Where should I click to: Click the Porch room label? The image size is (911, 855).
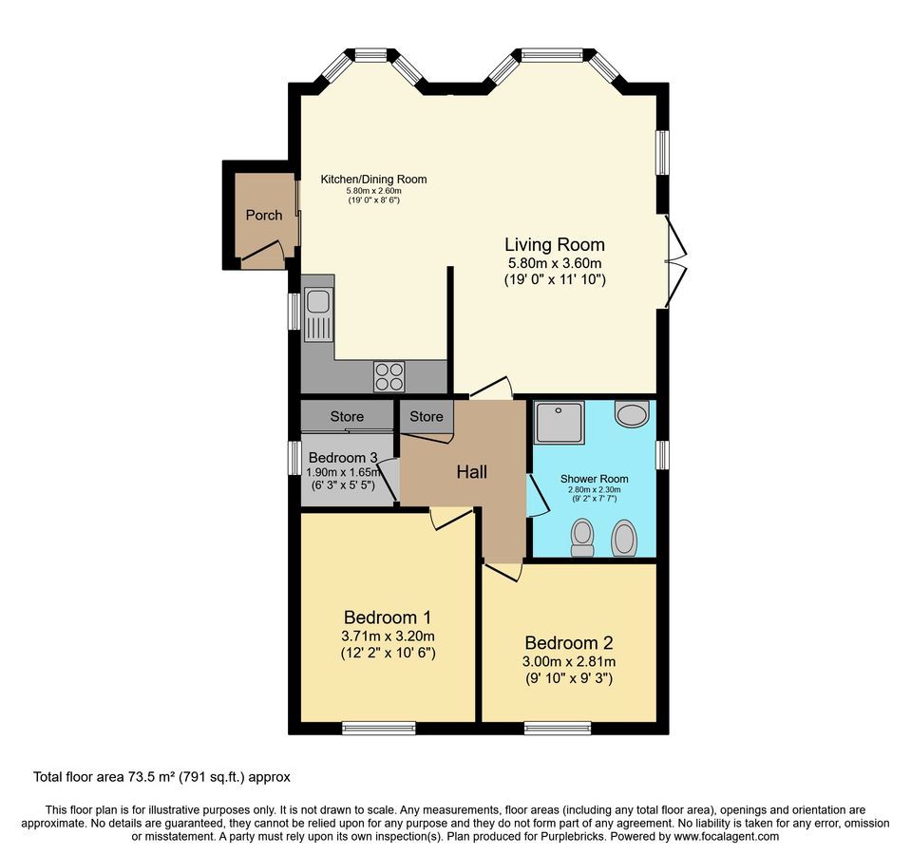pyautogui.click(x=264, y=216)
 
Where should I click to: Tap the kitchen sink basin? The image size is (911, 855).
pyautogui.click(x=317, y=301)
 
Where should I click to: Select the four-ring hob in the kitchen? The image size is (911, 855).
pyautogui.click(x=389, y=376)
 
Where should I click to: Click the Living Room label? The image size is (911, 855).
pyautogui.click(x=554, y=244)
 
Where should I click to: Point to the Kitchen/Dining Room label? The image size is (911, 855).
pyautogui.click(x=373, y=180)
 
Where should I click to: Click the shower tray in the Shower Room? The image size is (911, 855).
pyautogui.click(x=559, y=423)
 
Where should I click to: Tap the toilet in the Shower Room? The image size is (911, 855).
pyautogui.click(x=582, y=538)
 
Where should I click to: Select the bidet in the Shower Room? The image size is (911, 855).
pyautogui.click(x=624, y=538)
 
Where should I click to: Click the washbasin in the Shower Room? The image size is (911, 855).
pyautogui.click(x=632, y=412)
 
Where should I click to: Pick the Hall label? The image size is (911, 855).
pyautogui.click(x=471, y=472)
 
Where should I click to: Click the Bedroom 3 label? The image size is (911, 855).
pyautogui.click(x=343, y=458)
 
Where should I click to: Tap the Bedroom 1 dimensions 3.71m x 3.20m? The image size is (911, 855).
pyautogui.click(x=388, y=636)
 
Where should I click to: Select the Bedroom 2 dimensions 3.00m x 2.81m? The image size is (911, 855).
pyautogui.click(x=569, y=661)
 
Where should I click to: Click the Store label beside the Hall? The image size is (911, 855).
pyautogui.click(x=427, y=416)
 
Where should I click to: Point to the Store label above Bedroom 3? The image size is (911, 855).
pyautogui.click(x=347, y=416)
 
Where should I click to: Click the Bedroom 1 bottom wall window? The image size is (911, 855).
pyautogui.click(x=379, y=728)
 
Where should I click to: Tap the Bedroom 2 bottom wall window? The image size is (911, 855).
pyautogui.click(x=559, y=728)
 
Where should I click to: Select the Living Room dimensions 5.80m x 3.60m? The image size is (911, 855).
pyautogui.click(x=554, y=263)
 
